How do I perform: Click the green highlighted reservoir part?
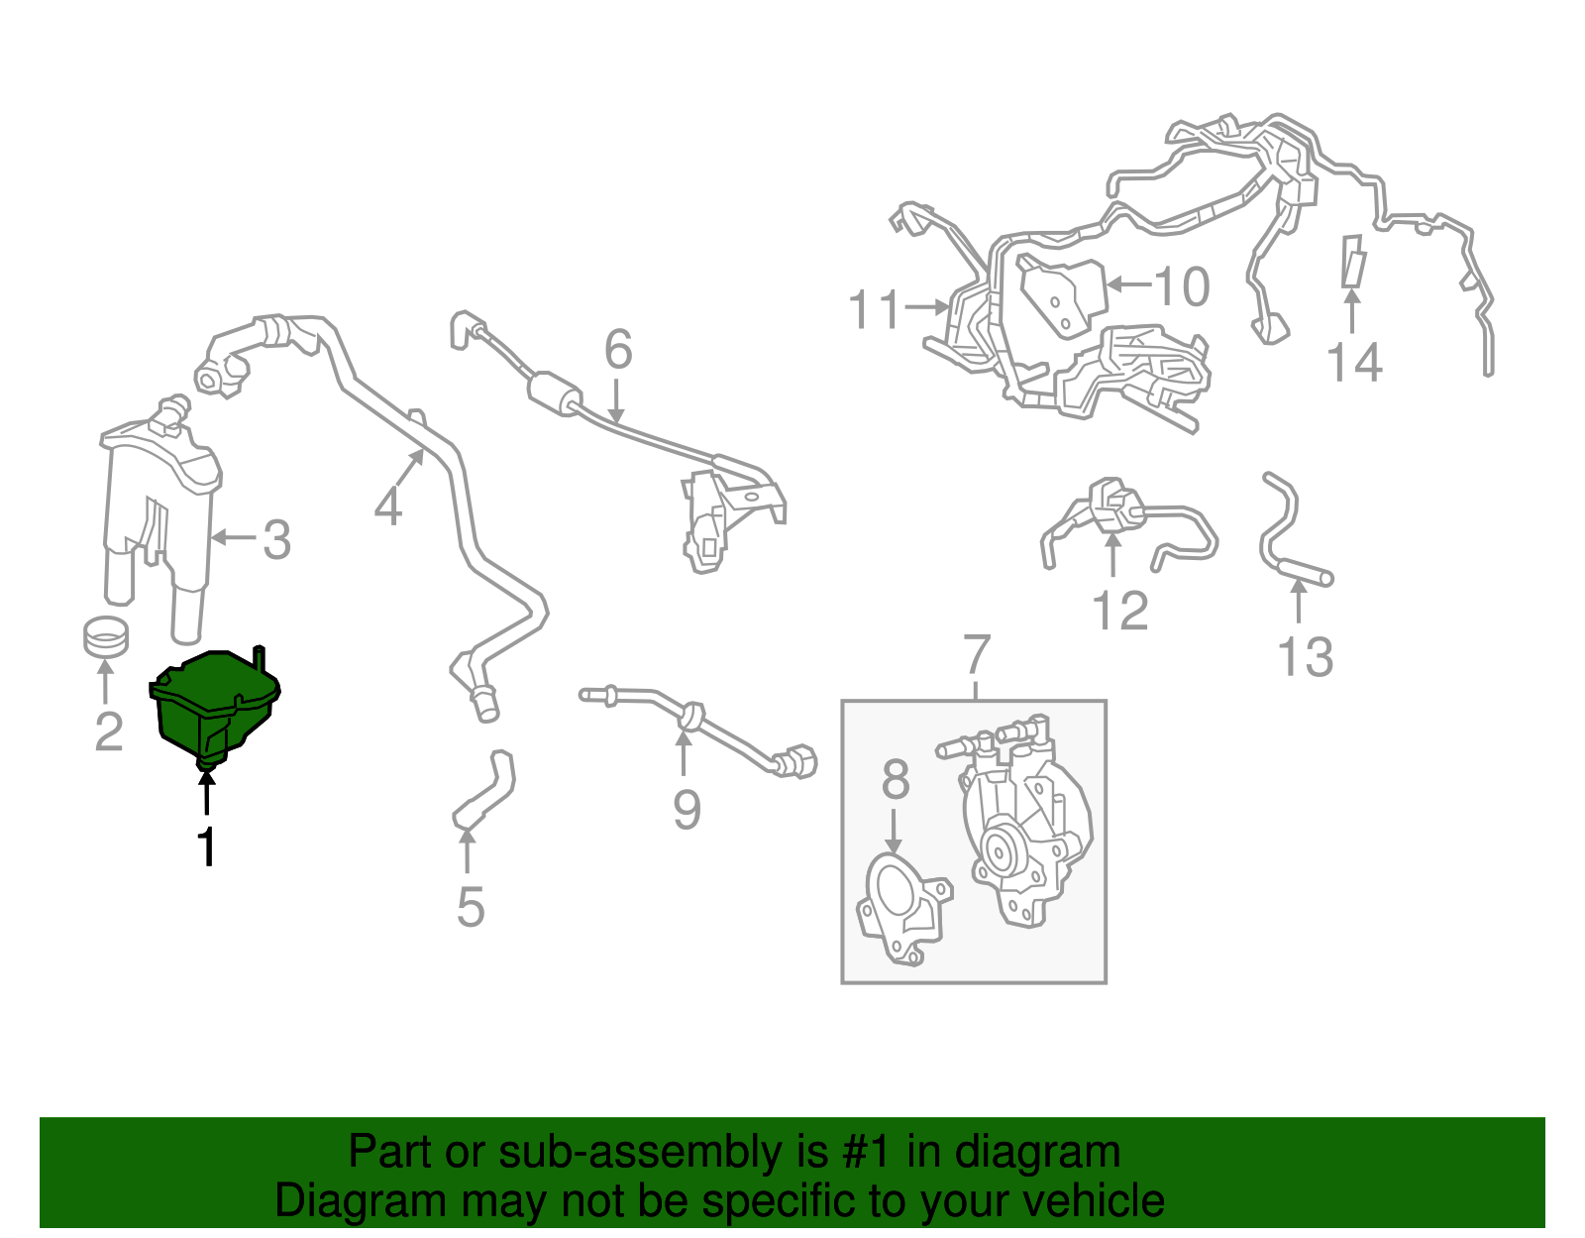tap(214, 706)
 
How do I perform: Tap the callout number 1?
tap(207, 846)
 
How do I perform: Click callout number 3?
tap(277, 540)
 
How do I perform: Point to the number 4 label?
tap(388, 506)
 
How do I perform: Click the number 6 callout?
tap(618, 349)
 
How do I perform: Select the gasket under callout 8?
tap(903, 910)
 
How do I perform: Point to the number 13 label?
tap(1305, 656)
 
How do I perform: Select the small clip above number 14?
tap(1353, 261)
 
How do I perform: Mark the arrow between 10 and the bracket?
tap(1130, 284)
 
